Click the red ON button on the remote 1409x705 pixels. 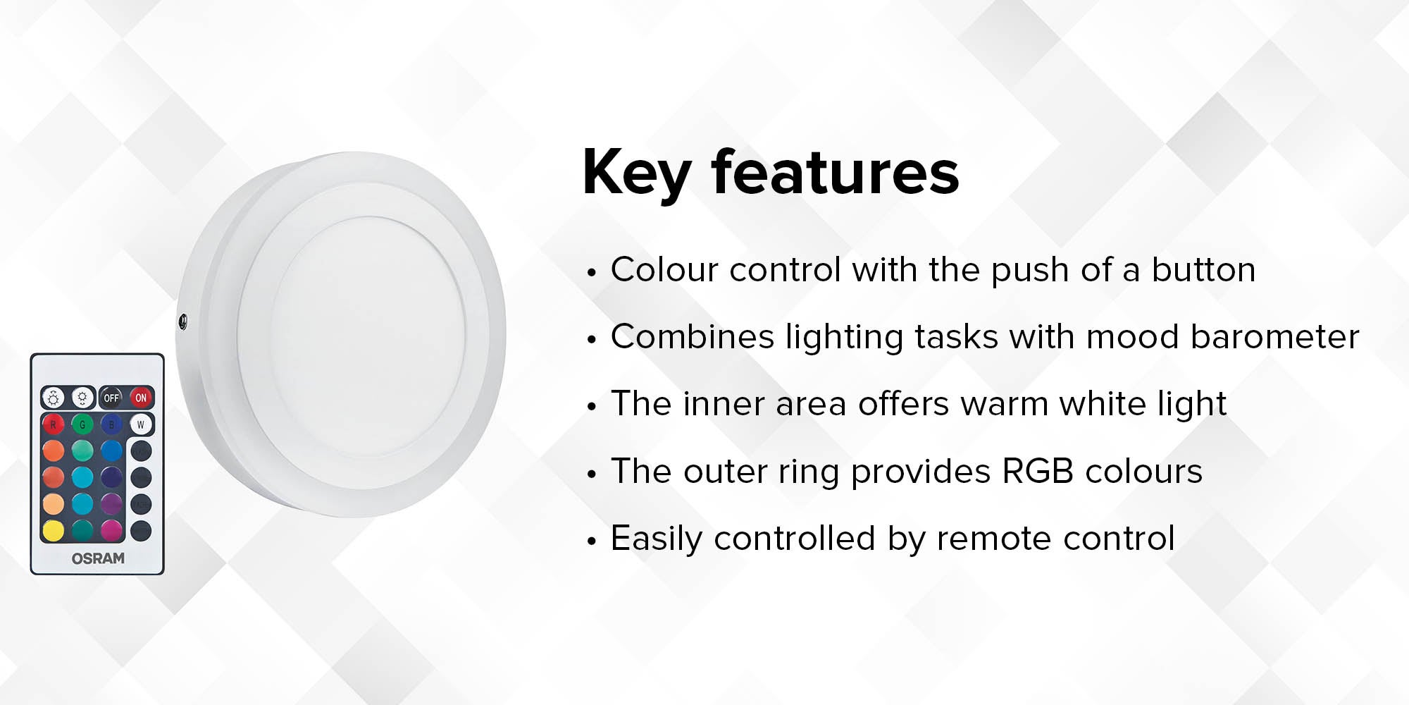point(141,398)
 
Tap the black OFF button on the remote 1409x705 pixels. point(111,398)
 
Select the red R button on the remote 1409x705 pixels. point(53,424)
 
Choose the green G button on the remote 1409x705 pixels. point(82,424)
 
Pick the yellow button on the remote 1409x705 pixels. point(53,531)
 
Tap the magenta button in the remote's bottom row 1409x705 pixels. point(111,531)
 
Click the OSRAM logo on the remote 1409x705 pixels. point(98,558)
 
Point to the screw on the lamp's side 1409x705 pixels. point(183,322)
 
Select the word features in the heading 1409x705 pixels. point(835,172)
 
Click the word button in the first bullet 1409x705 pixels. point(1203,269)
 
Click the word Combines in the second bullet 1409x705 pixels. point(693,336)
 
